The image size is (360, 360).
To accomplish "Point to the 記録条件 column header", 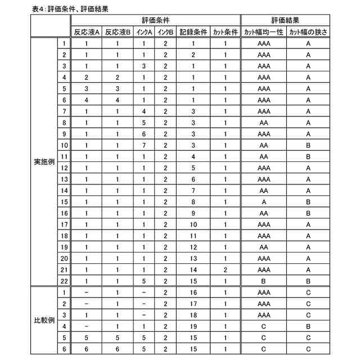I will pos(193,31).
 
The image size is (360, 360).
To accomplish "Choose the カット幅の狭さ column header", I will pos(308,31).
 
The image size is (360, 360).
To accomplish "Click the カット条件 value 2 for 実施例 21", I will pos(225,270).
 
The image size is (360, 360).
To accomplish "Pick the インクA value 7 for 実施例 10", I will pos(145,145).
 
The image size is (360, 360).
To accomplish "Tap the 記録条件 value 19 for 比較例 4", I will pos(193,326).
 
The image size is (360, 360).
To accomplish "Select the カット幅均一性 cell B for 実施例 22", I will pos(264,281).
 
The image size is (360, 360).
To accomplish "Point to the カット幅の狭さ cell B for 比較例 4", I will pos(308,326).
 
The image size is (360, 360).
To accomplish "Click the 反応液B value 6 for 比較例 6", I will pos(118,349).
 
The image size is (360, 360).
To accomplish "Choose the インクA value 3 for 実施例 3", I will pos(145,66).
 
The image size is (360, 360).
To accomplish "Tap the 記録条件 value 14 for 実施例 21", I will pos(193,270).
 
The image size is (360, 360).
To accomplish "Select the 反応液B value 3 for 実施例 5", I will pos(118,88).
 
